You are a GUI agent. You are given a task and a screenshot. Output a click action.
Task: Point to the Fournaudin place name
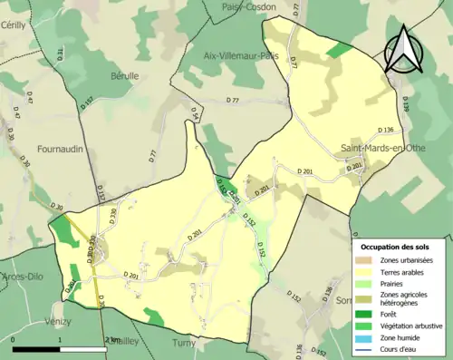(64, 146)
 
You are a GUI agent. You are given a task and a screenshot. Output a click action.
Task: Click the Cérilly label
(13, 25)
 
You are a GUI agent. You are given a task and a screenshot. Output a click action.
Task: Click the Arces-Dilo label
(24, 276)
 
